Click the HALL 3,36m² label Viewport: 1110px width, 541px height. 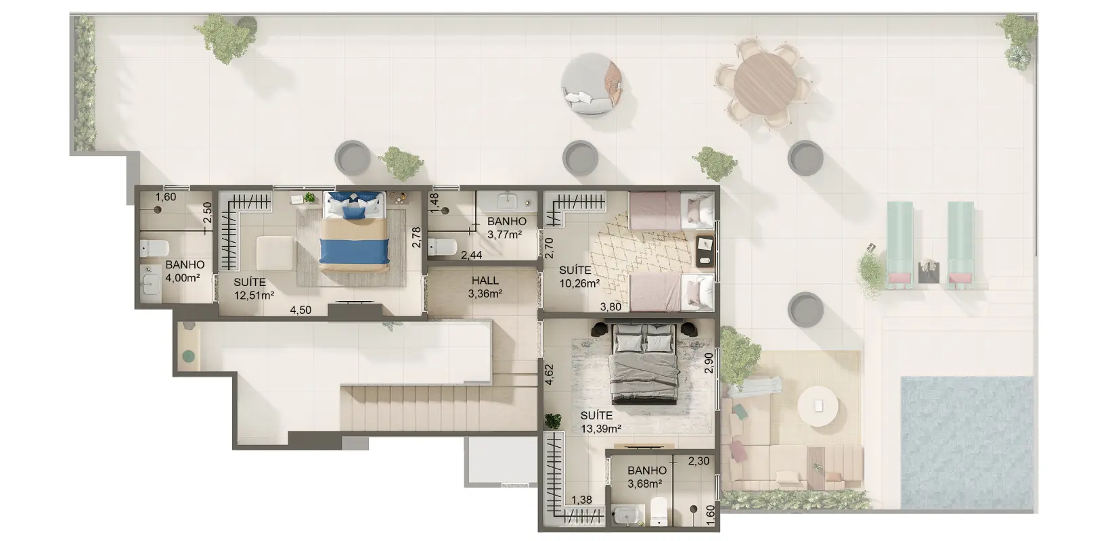(x=485, y=287)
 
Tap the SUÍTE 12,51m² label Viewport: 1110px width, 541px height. (x=254, y=289)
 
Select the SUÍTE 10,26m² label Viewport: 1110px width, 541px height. (x=579, y=277)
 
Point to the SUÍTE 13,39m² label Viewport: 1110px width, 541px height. (x=600, y=422)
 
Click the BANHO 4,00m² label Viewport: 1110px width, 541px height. (x=185, y=271)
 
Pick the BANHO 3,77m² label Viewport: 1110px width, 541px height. (x=506, y=228)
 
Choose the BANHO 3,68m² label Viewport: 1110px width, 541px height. (x=646, y=477)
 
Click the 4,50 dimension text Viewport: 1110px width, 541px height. (x=301, y=310)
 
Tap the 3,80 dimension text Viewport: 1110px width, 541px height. (x=610, y=306)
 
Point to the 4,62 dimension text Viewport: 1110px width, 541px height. (x=549, y=375)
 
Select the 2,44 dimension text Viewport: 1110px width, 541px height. (x=471, y=255)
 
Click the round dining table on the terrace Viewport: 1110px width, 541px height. (x=765, y=83)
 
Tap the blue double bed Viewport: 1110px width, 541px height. (x=354, y=232)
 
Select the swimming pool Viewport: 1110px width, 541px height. (x=967, y=442)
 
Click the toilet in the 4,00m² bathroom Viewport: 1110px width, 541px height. (x=154, y=248)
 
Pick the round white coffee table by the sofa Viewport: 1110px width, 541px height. (x=818, y=406)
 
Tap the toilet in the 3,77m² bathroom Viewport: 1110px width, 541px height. (x=442, y=247)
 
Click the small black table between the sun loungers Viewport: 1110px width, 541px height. (x=928, y=273)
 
